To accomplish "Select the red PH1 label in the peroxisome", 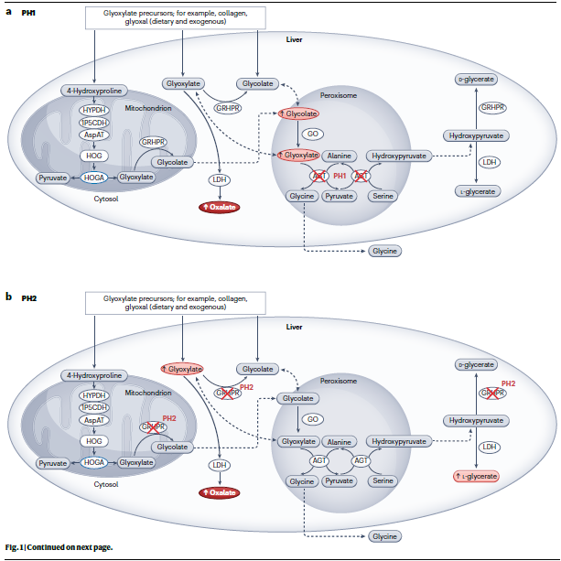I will click(x=340, y=176).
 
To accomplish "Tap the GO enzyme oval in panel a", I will click(x=312, y=135).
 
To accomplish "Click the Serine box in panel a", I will click(x=385, y=196).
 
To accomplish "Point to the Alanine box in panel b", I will click(x=340, y=441).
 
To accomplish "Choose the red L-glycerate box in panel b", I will click(x=476, y=476).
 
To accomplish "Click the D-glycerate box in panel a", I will click(x=476, y=80).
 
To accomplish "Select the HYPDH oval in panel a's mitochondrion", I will click(x=93, y=110).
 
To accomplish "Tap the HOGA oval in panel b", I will click(x=94, y=463).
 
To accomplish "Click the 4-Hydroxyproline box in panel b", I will click(x=94, y=375).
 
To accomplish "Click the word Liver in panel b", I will click(x=294, y=326).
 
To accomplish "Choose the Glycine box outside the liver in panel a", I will click(x=384, y=250).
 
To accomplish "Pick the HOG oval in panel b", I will click(x=94, y=441).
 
